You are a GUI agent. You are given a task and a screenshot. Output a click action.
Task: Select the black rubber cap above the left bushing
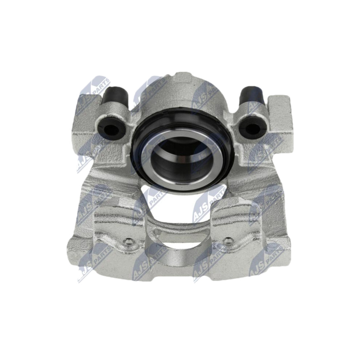(x=115, y=96)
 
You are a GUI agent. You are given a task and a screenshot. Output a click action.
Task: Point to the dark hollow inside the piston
(x=181, y=158)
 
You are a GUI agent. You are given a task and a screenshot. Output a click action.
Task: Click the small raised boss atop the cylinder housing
(x=183, y=77)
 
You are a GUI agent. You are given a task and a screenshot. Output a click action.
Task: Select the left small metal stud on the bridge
(x=128, y=241)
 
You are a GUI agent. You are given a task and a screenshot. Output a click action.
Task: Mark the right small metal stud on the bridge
(x=228, y=240)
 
